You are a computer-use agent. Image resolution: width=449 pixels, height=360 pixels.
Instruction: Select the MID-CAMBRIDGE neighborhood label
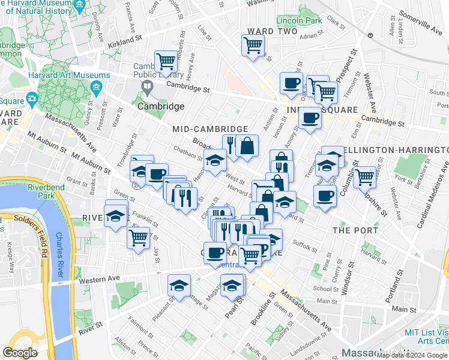coord(210,129)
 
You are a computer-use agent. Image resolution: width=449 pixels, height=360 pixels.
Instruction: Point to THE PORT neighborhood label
coord(354,230)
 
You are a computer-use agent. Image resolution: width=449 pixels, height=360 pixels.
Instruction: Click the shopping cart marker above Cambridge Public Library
coord(166,61)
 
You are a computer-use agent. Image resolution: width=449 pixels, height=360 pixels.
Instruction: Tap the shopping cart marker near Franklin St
coord(138,238)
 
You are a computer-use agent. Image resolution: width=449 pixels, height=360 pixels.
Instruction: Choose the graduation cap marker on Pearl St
coord(232,286)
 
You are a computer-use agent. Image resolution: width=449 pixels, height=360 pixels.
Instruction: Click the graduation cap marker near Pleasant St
coord(179,286)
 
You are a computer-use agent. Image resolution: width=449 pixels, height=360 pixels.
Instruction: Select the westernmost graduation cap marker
coord(115,215)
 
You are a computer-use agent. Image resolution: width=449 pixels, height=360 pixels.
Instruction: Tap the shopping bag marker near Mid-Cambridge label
coord(247,145)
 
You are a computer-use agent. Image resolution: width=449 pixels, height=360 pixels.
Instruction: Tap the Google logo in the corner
coord(20,353)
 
